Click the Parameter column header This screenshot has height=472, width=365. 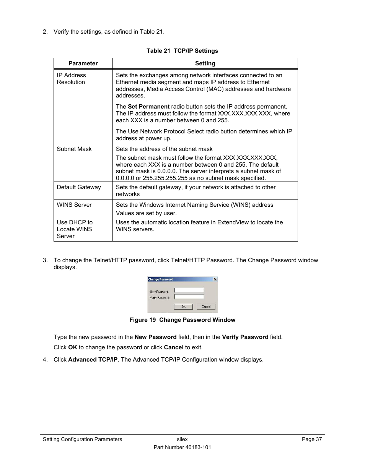[83, 63]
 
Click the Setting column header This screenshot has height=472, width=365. [205, 63]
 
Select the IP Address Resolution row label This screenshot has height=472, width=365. [72, 79]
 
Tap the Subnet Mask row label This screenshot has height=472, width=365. [74, 149]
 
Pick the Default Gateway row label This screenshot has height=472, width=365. [79, 187]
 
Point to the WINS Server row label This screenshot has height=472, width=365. [74, 205]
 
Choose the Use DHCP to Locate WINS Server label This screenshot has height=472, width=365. [75, 229]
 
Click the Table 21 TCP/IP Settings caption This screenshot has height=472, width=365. [182, 51]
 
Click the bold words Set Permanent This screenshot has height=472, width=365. [148, 107]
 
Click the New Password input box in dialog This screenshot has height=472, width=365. [189, 290]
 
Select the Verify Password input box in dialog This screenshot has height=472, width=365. [189, 297]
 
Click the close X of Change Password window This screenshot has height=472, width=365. [215, 279]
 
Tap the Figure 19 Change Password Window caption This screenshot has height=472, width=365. [182, 320]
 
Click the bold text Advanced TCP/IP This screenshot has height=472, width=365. [93, 360]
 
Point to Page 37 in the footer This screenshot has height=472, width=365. [311, 439]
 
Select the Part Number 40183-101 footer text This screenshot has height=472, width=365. [182, 447]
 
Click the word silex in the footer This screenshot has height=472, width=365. [182, 439]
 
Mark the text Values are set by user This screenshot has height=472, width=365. [146, 213]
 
